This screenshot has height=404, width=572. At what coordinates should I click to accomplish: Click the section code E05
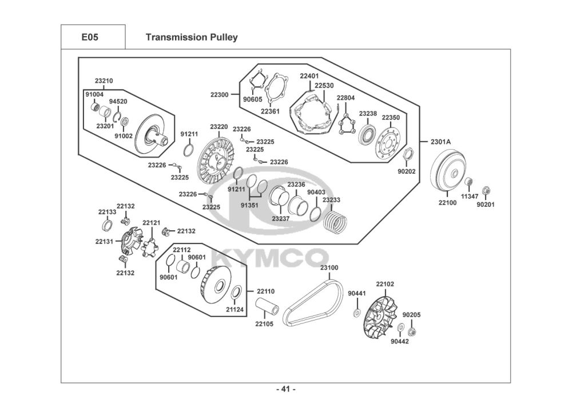[90, 37]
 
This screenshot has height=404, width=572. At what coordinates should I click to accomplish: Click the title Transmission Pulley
[192, 37]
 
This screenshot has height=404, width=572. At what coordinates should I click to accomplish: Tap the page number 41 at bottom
[285, 389]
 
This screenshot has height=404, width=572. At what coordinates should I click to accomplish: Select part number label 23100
[329, 268]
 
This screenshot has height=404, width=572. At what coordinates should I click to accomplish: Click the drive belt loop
[313, 302]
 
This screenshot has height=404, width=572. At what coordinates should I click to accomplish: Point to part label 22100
[447, 203]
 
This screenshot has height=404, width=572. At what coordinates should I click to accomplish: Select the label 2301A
[440, 141]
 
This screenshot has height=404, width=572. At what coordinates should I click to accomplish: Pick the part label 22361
[271, 111]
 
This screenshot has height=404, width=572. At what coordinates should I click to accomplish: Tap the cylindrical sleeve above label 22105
[268, 306]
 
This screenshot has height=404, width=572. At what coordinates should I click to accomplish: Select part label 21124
[235, 310]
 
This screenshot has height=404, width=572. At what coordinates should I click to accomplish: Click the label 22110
[266, 291]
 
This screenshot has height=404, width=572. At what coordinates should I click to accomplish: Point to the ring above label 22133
[107, 226]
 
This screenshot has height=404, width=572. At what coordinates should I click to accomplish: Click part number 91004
[94, 95]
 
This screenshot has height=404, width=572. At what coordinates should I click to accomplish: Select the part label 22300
[219, 95]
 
